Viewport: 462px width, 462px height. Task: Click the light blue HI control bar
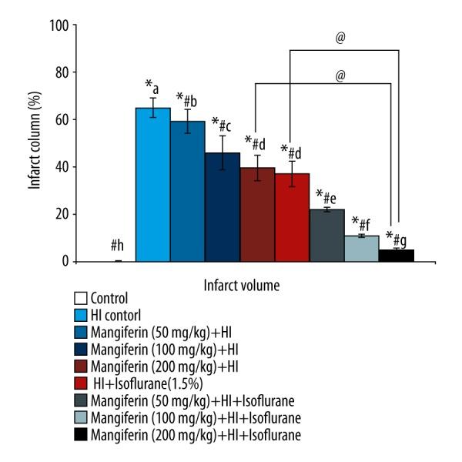pos(152,185)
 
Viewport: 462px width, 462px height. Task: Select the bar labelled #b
pos(187,192)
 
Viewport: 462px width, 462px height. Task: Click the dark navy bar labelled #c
pos(222,207)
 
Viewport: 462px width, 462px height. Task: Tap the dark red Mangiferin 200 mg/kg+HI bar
pos(256,215)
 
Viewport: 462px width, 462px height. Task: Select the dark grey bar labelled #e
pos(326,236)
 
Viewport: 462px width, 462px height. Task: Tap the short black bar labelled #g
pos(396,256)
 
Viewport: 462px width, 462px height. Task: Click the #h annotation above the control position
pos(118,246)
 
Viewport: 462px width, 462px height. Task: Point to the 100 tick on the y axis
pos(60,25)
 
